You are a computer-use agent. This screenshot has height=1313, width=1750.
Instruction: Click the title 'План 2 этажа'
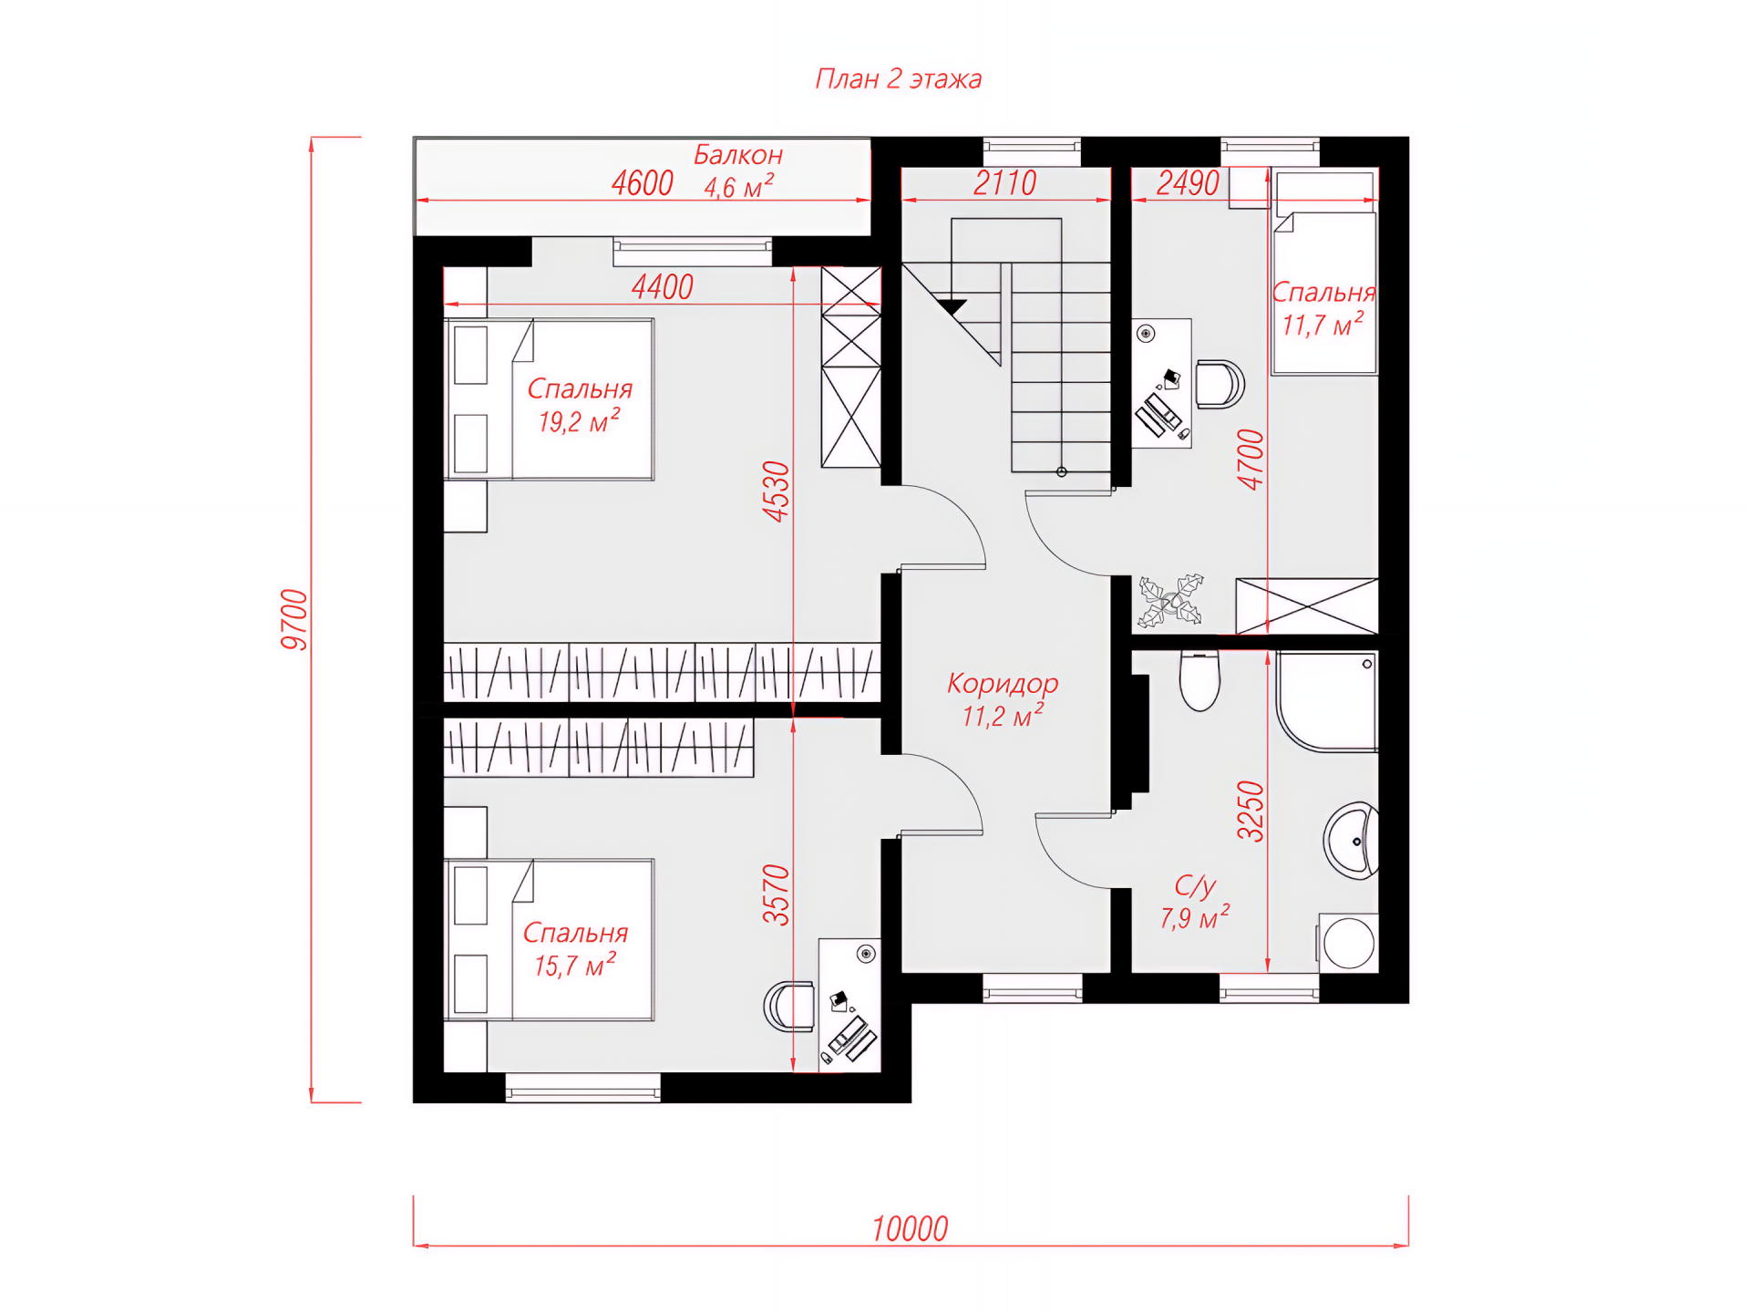[898, 79]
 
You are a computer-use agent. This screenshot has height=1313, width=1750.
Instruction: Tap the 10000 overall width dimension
[910, 1229]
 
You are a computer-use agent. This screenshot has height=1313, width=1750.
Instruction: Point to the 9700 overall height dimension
[294, 620]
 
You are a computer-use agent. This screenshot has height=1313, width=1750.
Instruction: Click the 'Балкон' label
[738, 155]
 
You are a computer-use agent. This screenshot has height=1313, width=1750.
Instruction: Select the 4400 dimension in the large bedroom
[663, 287]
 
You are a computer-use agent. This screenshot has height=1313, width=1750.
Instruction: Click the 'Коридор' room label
[1003, 683]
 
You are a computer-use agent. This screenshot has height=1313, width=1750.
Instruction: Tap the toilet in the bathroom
[1199, 680]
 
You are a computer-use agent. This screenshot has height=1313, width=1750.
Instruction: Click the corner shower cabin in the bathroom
[1327, 701]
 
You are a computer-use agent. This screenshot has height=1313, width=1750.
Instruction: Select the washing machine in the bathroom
[1348, 943]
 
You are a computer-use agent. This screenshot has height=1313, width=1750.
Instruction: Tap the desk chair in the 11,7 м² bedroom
[1220, 384]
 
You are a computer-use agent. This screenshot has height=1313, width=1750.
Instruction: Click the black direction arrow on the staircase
[952, 307]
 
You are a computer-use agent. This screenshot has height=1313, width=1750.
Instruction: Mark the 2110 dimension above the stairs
[1004, 183]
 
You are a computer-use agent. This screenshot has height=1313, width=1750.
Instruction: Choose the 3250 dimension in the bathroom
[1251, 811]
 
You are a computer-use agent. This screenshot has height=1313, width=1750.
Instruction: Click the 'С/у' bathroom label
[1195, 885]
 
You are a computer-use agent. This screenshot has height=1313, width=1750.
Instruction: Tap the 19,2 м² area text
[579, 421]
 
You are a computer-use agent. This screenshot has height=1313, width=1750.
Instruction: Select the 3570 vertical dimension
[776, 895]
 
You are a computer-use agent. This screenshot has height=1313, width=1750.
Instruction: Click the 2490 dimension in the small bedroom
[1188, 183]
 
